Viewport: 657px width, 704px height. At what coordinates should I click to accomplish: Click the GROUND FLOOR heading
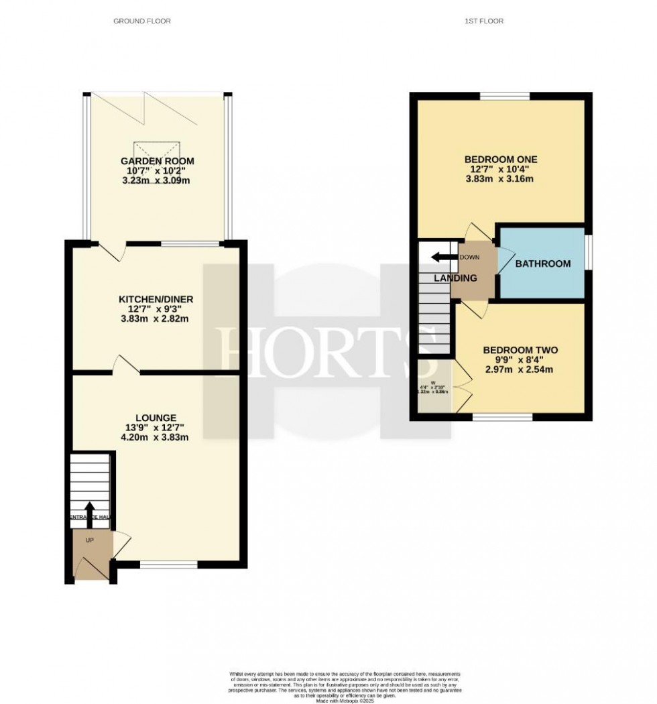(141, 21)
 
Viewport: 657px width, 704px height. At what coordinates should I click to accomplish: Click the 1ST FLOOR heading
(484, 21)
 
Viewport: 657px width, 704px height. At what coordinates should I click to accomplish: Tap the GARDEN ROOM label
(158, 161)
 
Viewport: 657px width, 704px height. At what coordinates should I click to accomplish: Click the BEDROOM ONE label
(501, 159)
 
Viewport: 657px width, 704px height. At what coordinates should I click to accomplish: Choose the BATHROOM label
(543, 263)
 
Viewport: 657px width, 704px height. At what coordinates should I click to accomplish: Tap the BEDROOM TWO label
(520, 350)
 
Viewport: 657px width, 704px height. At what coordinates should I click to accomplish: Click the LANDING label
(455, 278)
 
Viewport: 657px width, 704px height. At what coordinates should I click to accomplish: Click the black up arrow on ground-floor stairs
(90, 512)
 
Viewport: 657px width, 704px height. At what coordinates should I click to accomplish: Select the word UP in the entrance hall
(89, 540)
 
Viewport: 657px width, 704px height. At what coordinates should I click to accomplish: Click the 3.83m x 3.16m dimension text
(501, 179)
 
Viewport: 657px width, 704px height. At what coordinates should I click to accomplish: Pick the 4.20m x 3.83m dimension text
(154, 438)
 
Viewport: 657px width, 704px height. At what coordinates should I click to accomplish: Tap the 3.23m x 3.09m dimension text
(158, 181)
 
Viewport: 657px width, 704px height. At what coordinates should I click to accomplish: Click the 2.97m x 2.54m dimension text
(520, 369)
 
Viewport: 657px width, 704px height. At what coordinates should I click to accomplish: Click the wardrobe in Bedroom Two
(434, 387)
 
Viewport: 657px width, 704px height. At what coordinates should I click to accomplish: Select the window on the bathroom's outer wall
(588, 252)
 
